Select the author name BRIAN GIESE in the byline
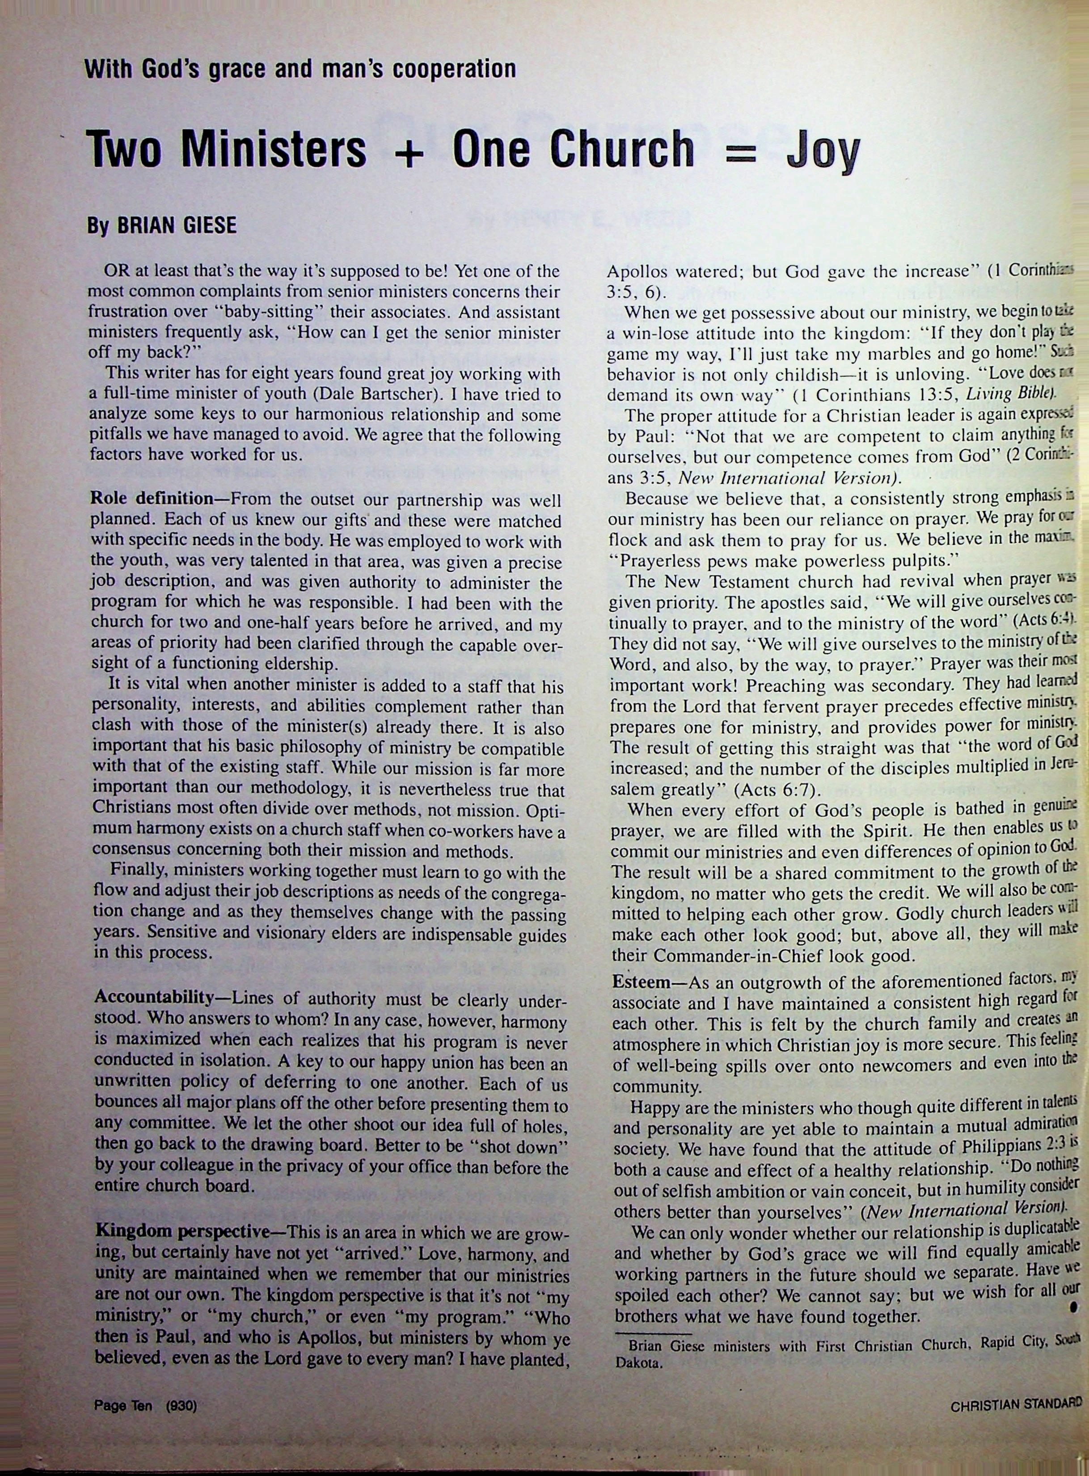[176, 225]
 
